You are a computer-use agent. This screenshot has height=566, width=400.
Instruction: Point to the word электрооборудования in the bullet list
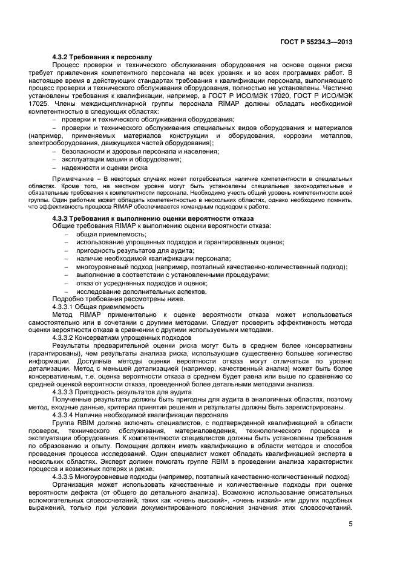pos(56,143)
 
